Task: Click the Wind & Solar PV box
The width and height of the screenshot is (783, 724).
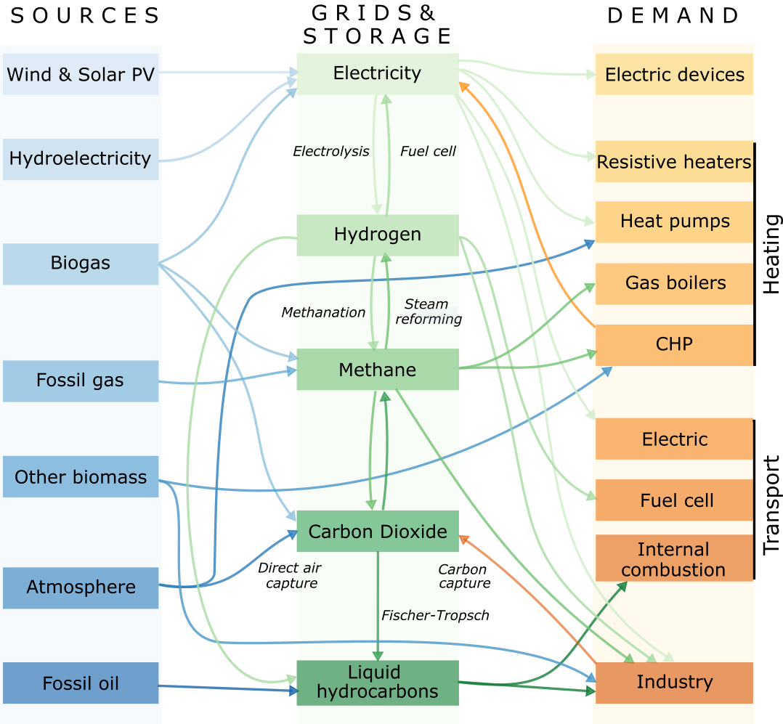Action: click(x=81, y=74)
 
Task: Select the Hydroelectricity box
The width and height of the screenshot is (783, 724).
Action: click(x=81, y=159)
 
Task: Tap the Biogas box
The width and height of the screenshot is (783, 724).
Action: click(x=81, y=264)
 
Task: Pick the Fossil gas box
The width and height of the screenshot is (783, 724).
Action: click(x=81, y=381)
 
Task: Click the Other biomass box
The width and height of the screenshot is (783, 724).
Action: click(x=81, y=477)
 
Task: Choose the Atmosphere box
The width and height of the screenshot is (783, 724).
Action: click(x=81, y=587)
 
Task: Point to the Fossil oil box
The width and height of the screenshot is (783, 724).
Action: click(x=81, y=683)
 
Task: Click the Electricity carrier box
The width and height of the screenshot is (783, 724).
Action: click(x=377, y=73)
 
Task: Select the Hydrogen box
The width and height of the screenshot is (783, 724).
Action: click(x=377, y=235)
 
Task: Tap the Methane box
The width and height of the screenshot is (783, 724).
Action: click(x=377, y=370)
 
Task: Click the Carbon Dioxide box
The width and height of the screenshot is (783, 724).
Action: click(x=377, y=532)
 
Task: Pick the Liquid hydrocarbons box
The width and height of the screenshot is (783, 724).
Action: click(x=377, y=683)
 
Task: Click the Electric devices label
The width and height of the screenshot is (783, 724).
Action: click(x=674, y=75)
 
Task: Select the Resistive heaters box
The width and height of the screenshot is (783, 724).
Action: click(x=674, y=162)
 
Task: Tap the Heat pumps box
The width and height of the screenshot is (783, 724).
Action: click(x=674, y=221)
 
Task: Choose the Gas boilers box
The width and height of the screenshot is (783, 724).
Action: click(x=674, y=283)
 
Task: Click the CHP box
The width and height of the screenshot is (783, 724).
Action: click(x=674, y=344)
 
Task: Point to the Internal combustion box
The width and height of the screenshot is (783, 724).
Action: click(x=673, y=559)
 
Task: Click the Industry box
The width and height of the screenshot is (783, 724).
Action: click(x=674, y=682)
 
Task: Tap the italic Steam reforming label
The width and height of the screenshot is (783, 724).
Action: click(x=426, y=312)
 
